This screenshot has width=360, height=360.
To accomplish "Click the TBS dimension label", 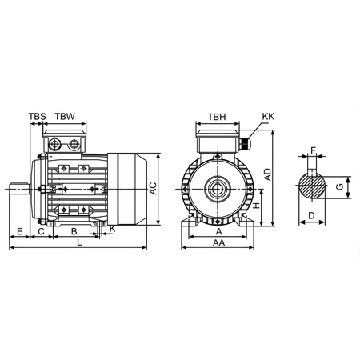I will tap(37, 117).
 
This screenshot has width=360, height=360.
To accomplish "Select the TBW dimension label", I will tap(65, 117).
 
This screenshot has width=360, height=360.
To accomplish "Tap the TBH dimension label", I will tap(217, 117).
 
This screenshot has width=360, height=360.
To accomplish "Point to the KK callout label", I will tap(266, 117).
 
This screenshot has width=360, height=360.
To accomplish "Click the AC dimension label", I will tap(153, 189).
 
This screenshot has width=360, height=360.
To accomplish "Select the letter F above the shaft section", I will tap(314, 150).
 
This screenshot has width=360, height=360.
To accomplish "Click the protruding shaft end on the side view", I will tap(20, 190).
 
